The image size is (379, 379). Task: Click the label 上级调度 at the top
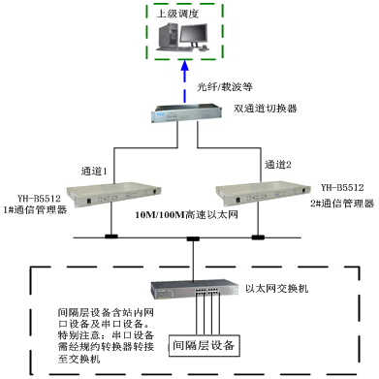point(177,14)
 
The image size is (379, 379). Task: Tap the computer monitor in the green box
point(194,36)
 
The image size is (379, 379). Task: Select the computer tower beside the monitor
point(169,36)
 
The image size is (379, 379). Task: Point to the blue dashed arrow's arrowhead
point(185,66)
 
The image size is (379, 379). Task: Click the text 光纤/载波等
point(225,86)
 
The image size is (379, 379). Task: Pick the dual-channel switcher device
point(186,113)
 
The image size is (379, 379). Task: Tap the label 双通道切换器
point(266,109)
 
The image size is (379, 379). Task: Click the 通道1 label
point(94,172)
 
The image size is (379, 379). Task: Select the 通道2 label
point(278,165)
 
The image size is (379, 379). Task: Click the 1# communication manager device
point(113,195)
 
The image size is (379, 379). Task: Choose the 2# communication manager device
point(263,194)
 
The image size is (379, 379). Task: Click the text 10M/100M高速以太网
point(187,214)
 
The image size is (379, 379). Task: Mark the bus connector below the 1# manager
point(111,237)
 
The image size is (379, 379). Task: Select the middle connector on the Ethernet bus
point(193,239)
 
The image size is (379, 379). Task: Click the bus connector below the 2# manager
point(258,237)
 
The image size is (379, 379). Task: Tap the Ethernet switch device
point(195,290)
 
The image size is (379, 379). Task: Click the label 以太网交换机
point(277,288)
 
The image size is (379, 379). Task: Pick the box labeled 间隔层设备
point(205,345)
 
